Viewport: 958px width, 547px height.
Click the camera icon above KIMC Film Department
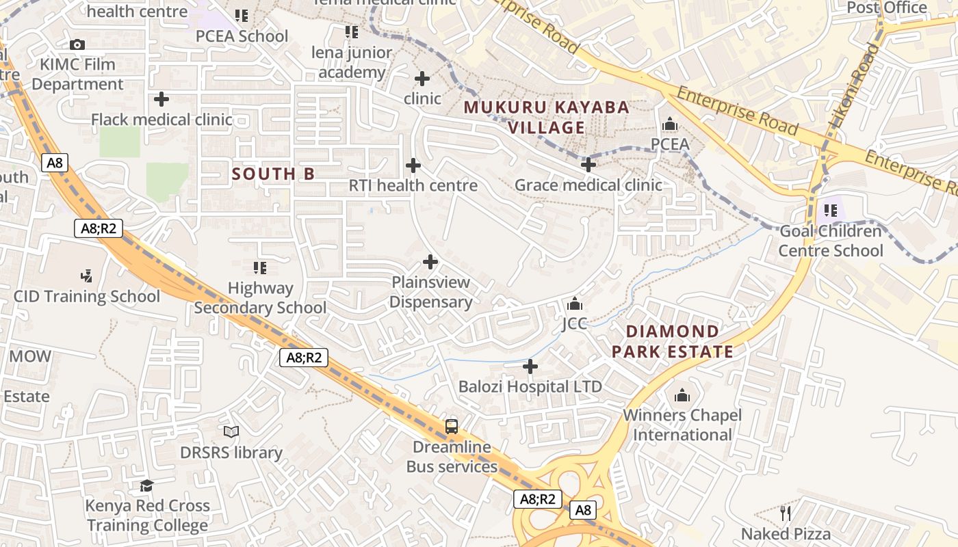[x=77, y=45]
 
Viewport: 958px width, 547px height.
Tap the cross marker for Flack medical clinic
[x=161, y=100]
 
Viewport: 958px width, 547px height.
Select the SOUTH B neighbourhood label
[x=273, y=174]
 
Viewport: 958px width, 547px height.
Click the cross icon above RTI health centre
[x=413, y=165]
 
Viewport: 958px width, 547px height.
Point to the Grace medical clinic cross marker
[x=588, y=165]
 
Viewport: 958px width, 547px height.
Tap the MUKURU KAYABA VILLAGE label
[x=546, y=118]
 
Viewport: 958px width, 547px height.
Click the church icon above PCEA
[x=670, y=124]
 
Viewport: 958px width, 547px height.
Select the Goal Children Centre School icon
[x=831, y=211]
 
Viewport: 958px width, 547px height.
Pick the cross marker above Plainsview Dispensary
[x=430, y=262]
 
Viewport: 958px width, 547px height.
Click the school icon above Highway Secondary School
[x=260, y=268]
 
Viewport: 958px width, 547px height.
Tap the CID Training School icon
[x=86, y=276]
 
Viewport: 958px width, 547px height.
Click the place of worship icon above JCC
[x=575, y=303]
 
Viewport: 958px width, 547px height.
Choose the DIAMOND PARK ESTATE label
[x=673, y=342]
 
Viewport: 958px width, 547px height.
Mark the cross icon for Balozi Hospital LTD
[x=530, y=367]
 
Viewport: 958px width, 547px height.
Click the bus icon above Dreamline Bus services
[x=452, y=427]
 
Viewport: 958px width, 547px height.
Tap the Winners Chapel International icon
[x=682, y=395]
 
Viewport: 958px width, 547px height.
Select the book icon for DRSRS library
[x=231, y=432]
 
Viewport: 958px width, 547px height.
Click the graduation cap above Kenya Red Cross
[x=147, y=485]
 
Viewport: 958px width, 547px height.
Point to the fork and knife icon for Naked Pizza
[x=786, y=513]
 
